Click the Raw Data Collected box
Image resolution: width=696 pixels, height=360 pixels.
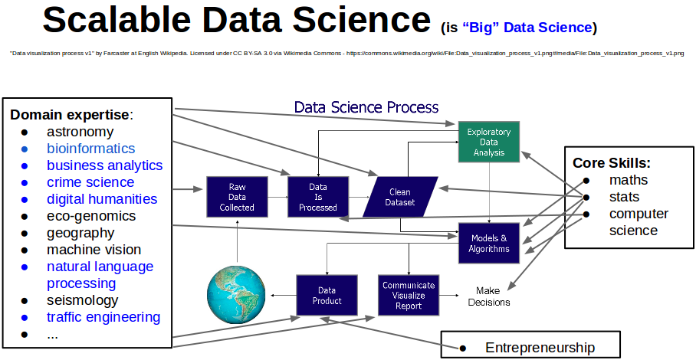tap(237, 197)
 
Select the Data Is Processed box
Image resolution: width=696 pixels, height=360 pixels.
tap(317, 197)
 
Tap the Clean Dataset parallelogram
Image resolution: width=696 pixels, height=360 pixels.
tap(399, 197)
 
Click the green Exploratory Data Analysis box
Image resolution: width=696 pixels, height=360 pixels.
tap(489, 142)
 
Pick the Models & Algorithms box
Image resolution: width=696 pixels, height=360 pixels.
tap(489, 243)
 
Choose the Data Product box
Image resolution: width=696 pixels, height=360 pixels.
tap(327, 296)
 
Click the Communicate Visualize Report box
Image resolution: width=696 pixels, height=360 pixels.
tap(409, 296)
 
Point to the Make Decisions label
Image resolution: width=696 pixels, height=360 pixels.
tap(488, 296)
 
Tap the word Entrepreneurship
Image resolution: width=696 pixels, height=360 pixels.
tap(540, 348)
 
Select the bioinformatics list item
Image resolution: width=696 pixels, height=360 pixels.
tap(90, 149)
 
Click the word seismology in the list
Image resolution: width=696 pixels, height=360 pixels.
tap(82, 300)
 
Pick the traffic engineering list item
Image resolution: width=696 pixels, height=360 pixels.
tap(103, 317)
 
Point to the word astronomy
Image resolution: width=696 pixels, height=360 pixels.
tap(80, 132)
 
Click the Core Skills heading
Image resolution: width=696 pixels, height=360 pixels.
tap(612, 163)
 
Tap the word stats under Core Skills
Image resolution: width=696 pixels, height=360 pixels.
tap(624, 197)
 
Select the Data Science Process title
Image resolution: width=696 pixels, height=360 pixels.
tap(366, 107)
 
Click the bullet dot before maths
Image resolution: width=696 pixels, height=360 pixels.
tap(586, 181)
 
